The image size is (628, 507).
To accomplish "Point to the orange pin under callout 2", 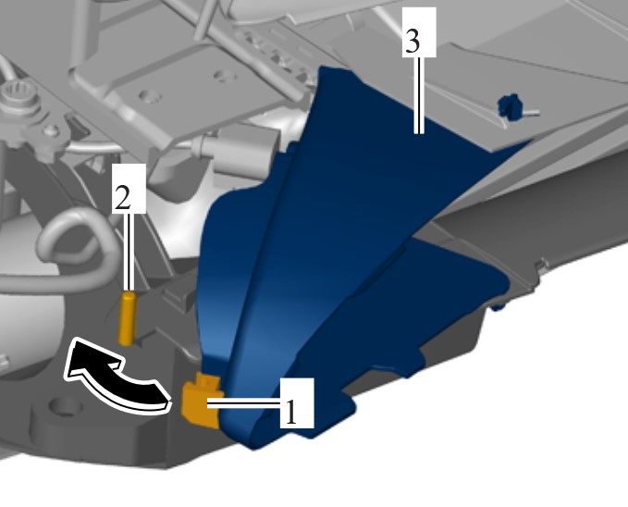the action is coord(128,318).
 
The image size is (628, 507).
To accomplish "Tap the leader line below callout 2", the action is coord(129,252).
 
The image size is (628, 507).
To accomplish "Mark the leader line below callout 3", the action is coord(419,95).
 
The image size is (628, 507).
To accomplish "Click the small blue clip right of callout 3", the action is coord(509,106).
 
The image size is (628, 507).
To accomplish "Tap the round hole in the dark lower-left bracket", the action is coord(65,407).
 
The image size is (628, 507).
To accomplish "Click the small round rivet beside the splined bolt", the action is coord(52,130).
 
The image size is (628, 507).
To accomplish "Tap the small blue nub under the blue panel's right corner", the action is coord(497,307).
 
